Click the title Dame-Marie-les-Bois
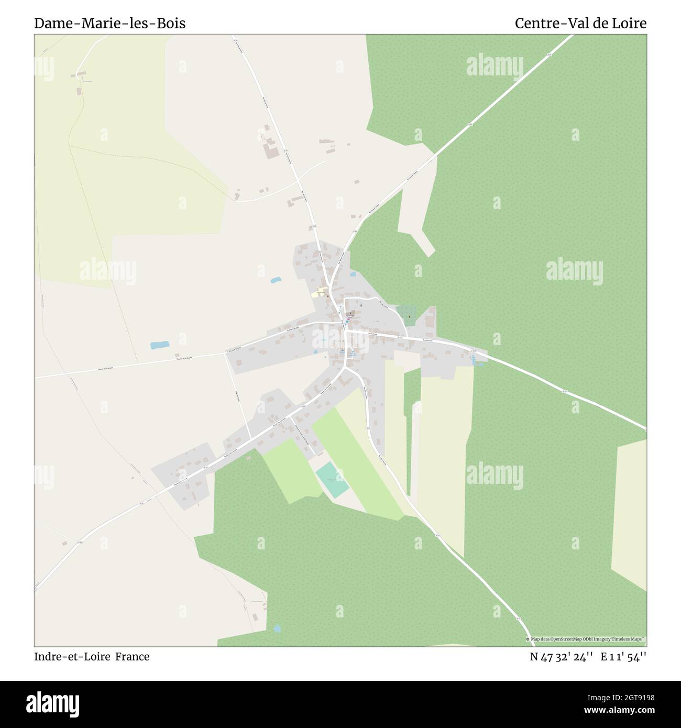(109, 24)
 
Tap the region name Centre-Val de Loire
(580, 24)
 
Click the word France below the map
(133, 657)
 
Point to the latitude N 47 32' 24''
(561, 657)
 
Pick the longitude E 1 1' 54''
(623, 657)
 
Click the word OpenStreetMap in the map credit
(567, 639)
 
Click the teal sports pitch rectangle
(332, 479)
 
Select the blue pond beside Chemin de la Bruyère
(159, 345)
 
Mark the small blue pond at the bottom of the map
(277, 628)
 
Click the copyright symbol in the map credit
(528, 639)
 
